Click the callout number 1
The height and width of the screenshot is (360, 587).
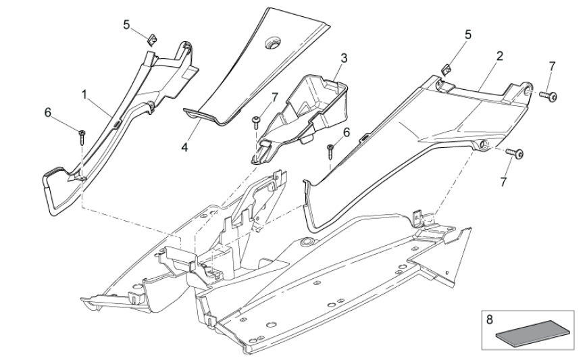(84, 95)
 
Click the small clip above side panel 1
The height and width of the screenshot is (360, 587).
(152, 38)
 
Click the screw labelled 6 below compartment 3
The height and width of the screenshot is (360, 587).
(330, 149)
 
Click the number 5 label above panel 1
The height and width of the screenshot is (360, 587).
(126, 24)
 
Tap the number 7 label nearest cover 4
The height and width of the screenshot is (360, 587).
(274, 99)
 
